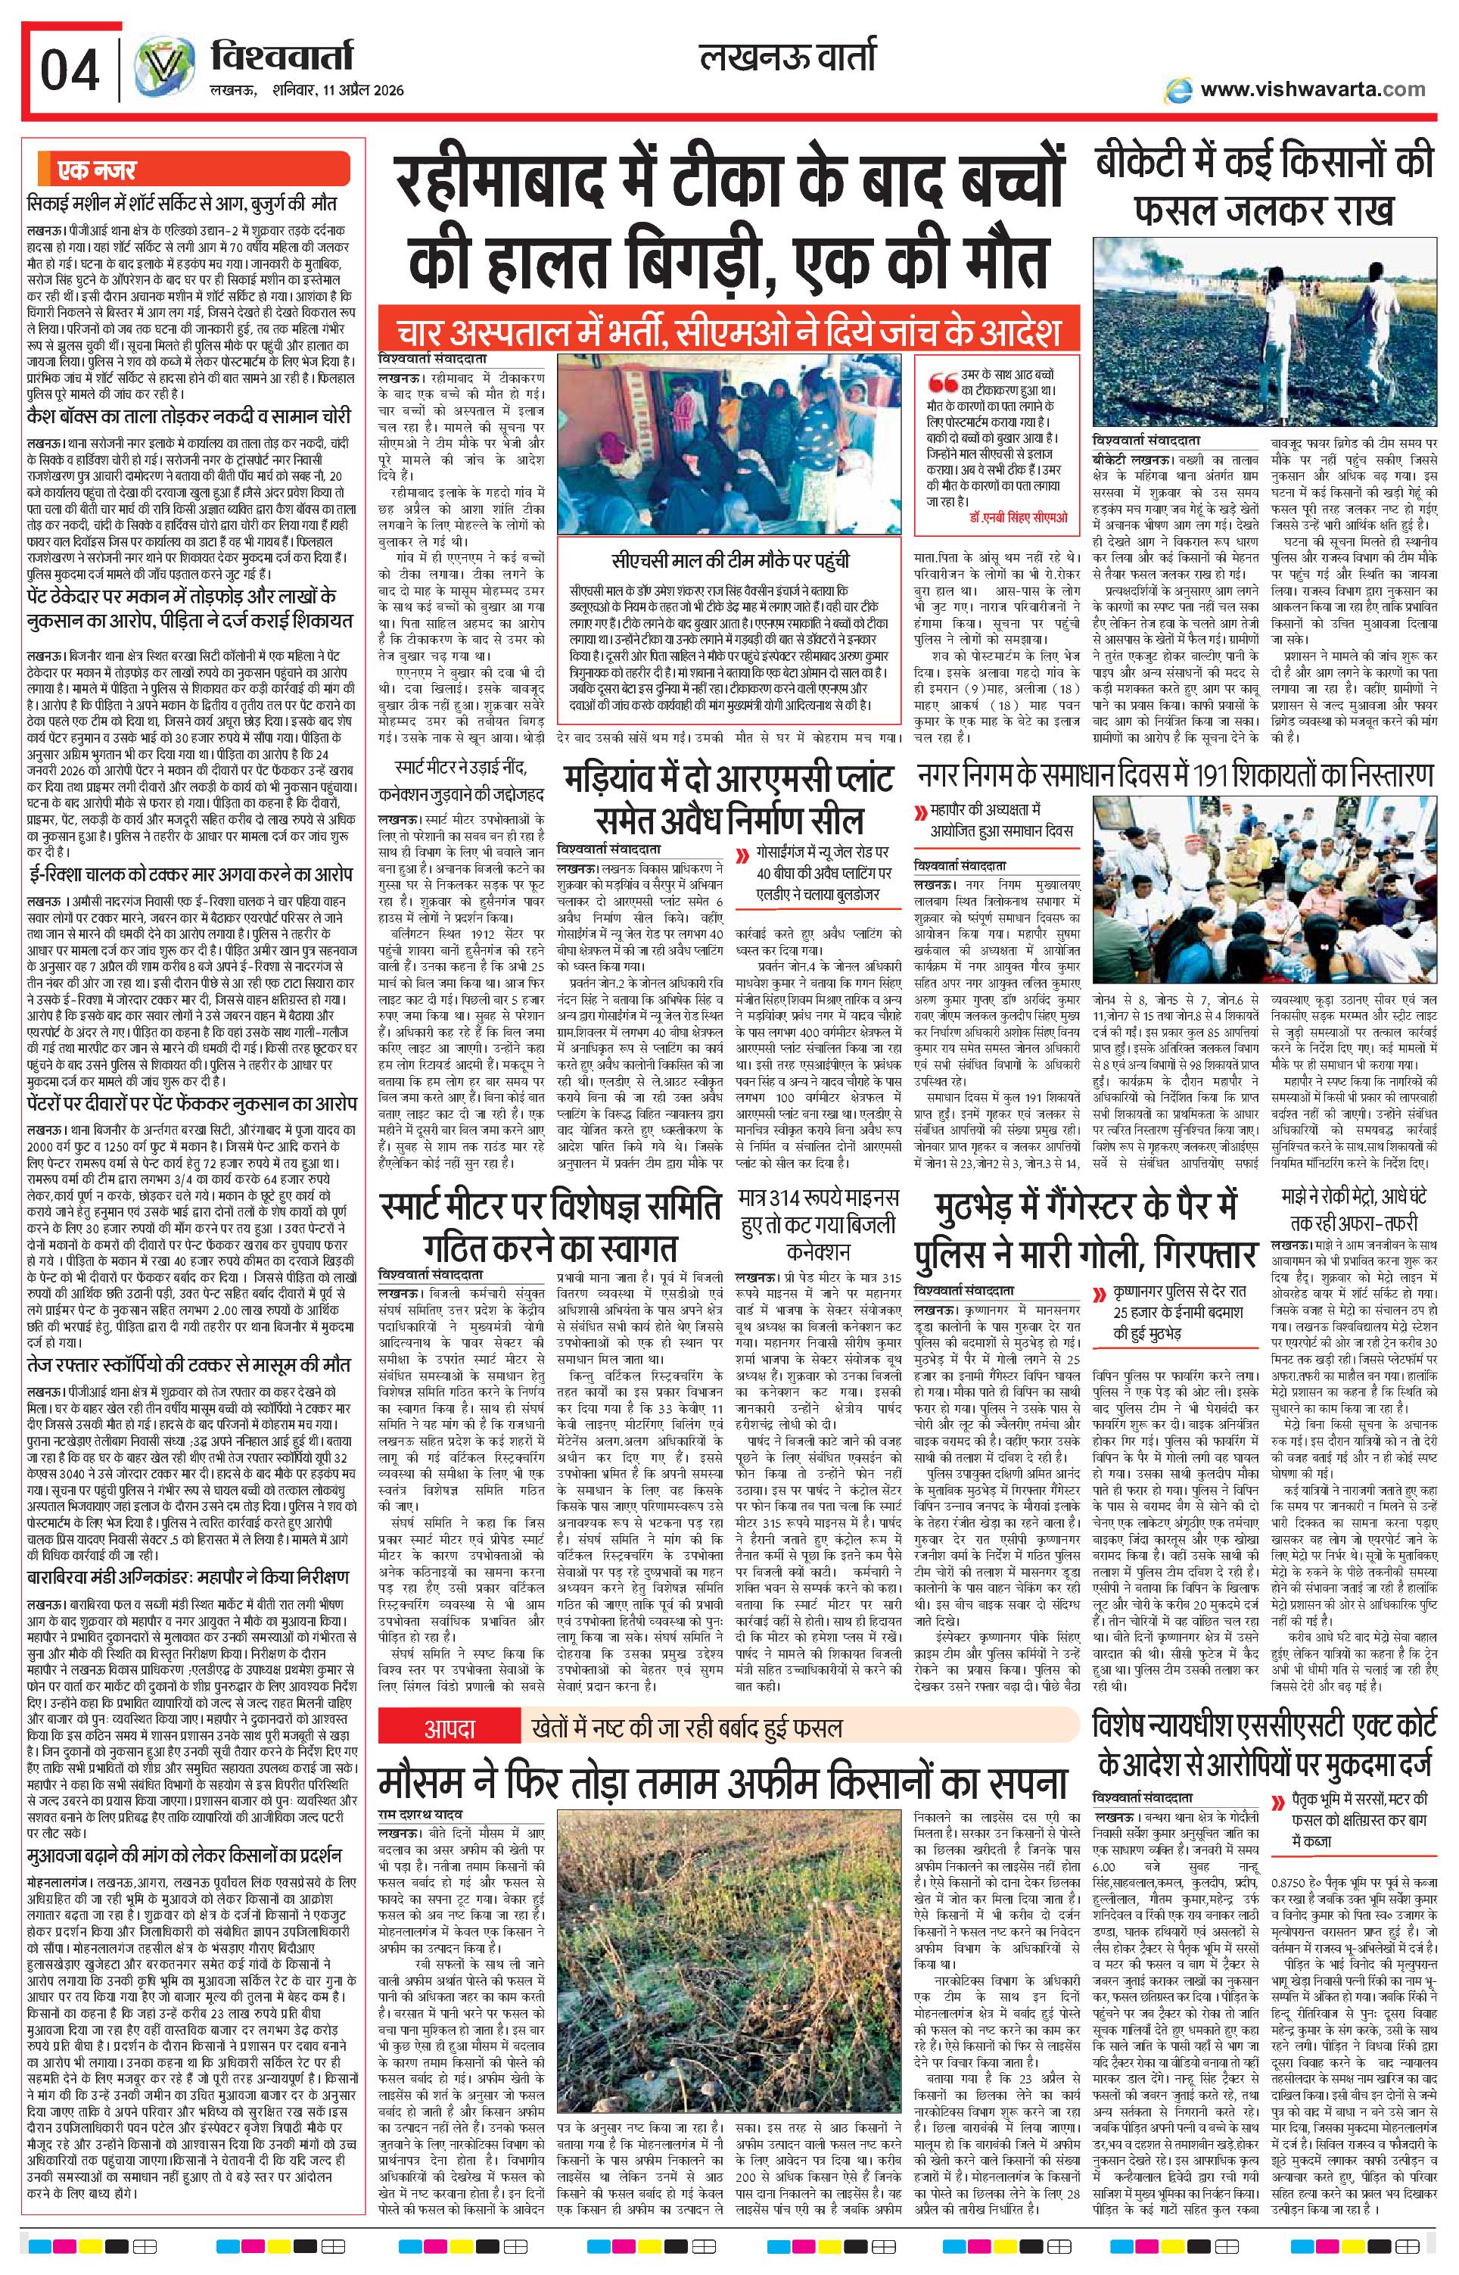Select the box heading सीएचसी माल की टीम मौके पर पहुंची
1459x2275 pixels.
(x=729, y=560)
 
